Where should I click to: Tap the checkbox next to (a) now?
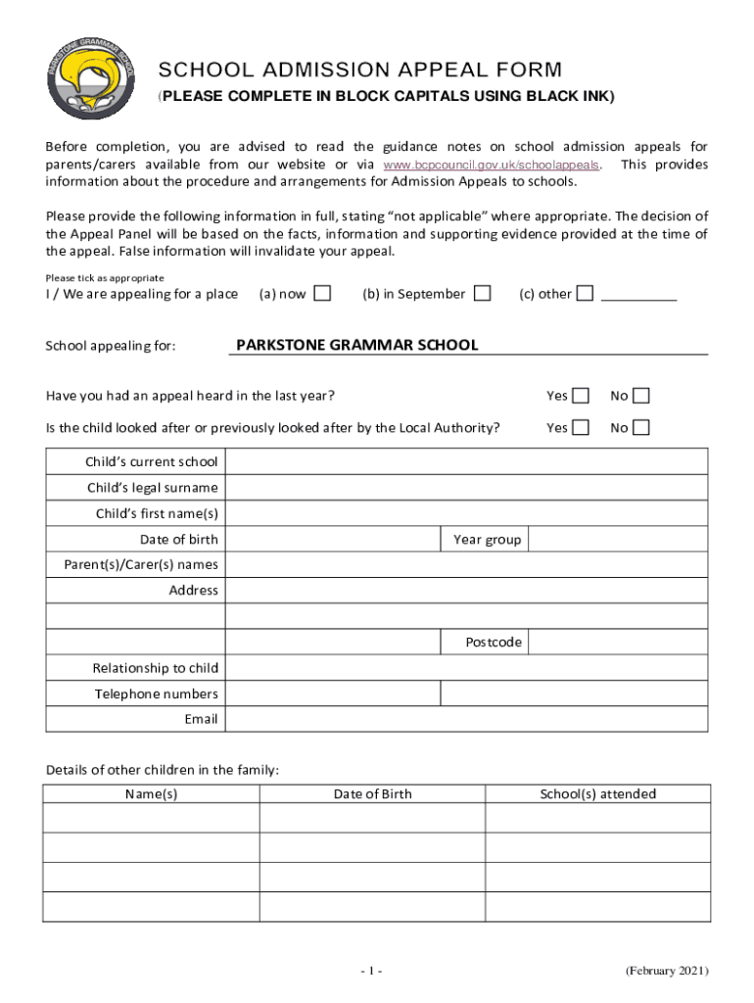(x=322, y=293)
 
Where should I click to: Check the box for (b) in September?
(x=482, y=293)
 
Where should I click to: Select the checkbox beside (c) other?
(x=585, y=293)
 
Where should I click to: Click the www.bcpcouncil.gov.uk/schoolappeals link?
(x=492, y=165)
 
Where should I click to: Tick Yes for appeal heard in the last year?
(x=581, y=396)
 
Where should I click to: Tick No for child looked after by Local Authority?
(x=640, y=427)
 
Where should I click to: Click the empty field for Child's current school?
(x=466, y=461)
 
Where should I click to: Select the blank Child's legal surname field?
(x=466, y=487)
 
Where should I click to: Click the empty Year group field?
(x=618, y=540)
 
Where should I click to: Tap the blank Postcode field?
(x=618, y=643)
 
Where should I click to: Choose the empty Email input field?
(x=466, y=719)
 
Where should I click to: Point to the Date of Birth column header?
(x=372, y=793)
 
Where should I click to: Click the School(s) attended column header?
(x=597, y=793)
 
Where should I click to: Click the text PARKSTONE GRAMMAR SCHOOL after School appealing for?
(x=356, y=345)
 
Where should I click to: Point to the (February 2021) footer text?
(x=667, y=971)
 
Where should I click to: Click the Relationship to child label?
(x=155, y=668)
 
